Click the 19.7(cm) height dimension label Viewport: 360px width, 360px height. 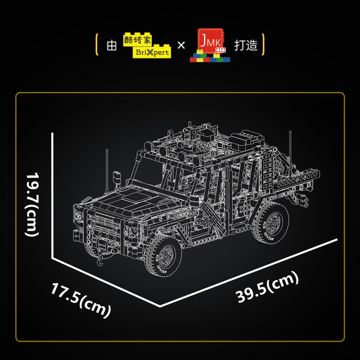pyautogui.click(x=32, y=204)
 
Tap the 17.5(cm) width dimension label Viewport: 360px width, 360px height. pyautogui.click(x=81, y=300)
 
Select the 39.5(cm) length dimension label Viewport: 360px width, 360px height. pyautogui.click(x=267, y=287)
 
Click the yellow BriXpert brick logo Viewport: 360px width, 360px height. pyautogui.click(x=147, y=45)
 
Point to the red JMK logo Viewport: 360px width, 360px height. pyautogui.click(x=210, y=45)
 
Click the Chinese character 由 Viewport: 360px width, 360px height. pyautogui.click(x=111, y=45)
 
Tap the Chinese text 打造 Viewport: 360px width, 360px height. pyautogui.click(x=246, y=45)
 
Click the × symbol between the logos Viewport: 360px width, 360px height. pyautogui.click(x=181, y=45)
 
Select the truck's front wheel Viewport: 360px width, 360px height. pyautogui.click(x=164, y=256)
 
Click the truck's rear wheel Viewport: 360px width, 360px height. pyautogui.click(x=271, y=223)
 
